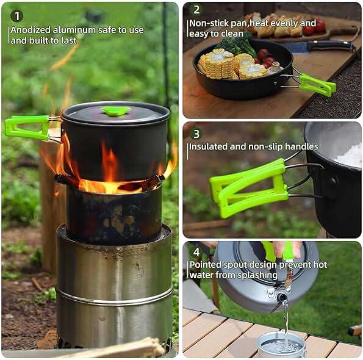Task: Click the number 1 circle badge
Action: tap(16, 16)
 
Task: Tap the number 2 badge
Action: tap(196, 10)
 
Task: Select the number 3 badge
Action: tap(196, 134)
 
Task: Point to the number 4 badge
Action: tap(196, 252)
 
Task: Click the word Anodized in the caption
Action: tap(31, 30)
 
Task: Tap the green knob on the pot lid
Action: tap(115, 111)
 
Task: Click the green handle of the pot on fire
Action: tap(27, 128)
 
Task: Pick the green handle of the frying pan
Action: tap(317, 85)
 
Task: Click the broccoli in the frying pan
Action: tap(237, 45)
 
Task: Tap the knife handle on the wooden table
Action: tap(331, 46)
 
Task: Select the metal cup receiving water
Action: tap(281, 345)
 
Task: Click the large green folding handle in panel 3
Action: tap(249, 188)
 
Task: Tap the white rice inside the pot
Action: tap(350, 154)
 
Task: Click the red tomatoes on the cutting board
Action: tap(315, 27)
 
